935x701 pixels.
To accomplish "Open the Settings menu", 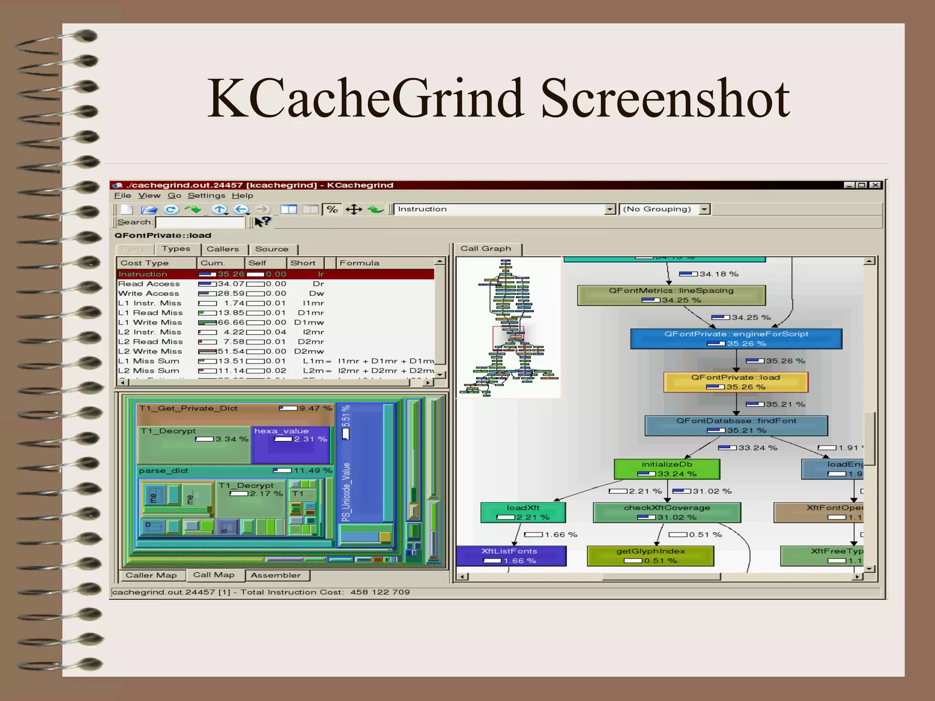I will click(206, 196).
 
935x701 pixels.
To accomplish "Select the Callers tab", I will click(223, 249).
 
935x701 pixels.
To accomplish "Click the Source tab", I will click(272, 249).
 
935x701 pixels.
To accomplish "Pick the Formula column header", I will click(359, 263).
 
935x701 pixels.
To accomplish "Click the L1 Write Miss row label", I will click(150, 323).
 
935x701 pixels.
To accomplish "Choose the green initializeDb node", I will click(667, 469).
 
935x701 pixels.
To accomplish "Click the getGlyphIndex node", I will click(650, 556).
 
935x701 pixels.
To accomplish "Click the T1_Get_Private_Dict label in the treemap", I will click(188, 408).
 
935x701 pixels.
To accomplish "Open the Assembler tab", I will click(275, 575).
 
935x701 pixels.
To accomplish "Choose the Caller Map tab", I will click(151, 575).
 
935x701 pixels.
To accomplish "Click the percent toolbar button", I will click(332, 209).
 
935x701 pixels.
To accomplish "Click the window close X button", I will click(875, 185).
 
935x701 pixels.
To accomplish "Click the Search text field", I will click(200, 222).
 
